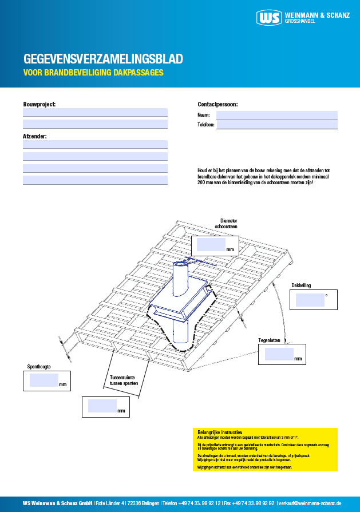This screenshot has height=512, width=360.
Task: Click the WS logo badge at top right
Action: [270, 18]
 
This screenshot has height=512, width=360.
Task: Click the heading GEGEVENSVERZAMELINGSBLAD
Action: [103, 59]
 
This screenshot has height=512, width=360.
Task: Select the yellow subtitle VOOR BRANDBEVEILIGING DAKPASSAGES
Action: [93, 73]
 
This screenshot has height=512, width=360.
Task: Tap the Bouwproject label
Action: [39, 104]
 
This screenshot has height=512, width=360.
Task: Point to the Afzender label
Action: [35, 136]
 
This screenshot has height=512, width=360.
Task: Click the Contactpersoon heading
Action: [217, 104]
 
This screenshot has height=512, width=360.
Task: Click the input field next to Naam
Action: [276, 115]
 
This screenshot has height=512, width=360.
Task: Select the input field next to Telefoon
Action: [276, 124]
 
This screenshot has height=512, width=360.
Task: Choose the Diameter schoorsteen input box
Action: [211, 245]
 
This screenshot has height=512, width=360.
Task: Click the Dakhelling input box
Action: [308, 299]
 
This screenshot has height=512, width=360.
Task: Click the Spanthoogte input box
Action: [44, 380]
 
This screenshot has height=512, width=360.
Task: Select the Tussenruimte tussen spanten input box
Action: [102, 406]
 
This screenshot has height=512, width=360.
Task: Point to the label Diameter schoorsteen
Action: [226, 224]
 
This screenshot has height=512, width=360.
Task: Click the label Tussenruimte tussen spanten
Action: [124, 381]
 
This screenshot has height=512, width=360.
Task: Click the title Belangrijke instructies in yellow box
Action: [219, 432]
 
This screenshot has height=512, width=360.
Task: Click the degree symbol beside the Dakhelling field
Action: [326, 295]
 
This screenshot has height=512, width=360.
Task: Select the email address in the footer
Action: [309, 503]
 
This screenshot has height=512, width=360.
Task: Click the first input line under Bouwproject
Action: [95, 112]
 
